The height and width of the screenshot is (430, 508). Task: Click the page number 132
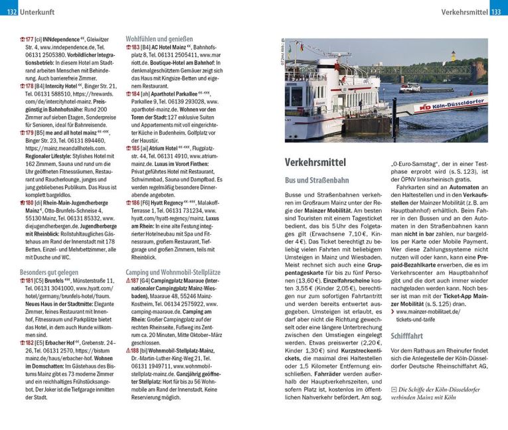pyautogui.click(x=9, y=11)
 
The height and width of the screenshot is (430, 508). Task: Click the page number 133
pyautogui.click(x=499, y=11)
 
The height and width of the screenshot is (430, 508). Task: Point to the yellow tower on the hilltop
pyautogui.click(x=453, y=56)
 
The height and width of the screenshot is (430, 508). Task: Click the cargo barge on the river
pyautogui.click(x=410, y=87)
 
